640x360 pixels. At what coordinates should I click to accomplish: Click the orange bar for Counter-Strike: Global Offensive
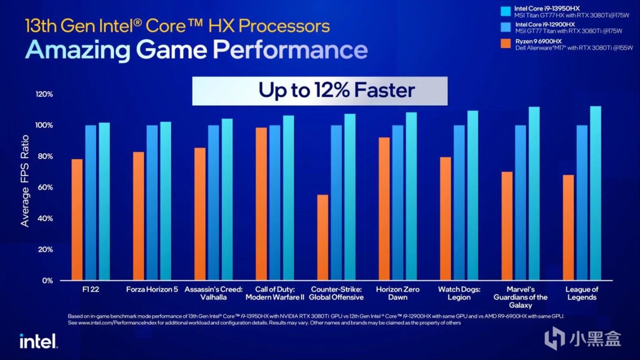click(322, 237)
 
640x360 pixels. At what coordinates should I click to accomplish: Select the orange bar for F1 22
click(77, 220)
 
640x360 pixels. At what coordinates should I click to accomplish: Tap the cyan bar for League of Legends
click(595, 193)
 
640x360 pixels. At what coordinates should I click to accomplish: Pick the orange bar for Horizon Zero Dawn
click(384, 209)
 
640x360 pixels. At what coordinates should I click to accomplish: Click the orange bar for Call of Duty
click(261, 204)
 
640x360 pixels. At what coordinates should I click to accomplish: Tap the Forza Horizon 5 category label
click(152, 290)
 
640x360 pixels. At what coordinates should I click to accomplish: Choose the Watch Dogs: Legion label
click(459, 293)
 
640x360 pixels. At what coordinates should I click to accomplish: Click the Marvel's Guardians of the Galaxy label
click(520, 297)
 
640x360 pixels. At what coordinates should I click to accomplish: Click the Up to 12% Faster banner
click(320, 90)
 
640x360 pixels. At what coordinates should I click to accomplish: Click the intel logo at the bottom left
click(38, 341)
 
